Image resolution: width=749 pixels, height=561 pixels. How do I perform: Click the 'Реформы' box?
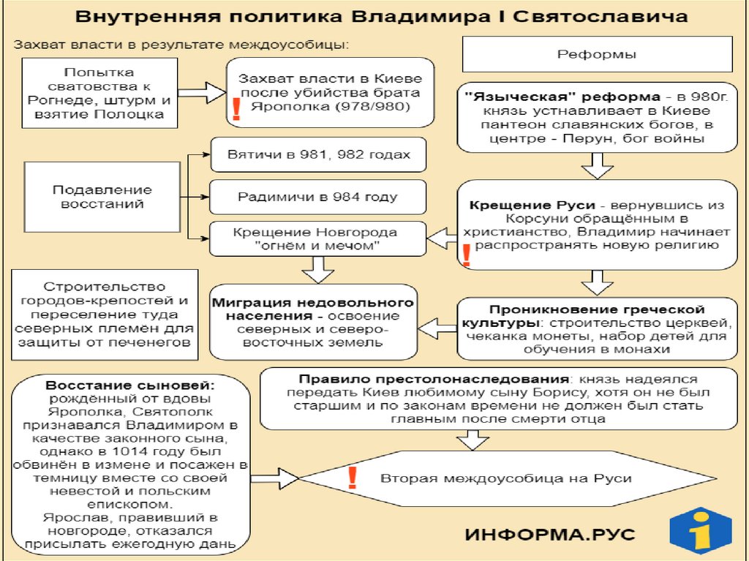[597, 55]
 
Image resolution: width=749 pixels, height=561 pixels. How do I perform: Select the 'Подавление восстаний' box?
[98, 197]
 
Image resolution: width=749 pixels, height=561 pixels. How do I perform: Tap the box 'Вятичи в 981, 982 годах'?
[317, 155]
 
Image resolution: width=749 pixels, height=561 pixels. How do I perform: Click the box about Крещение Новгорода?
[315, 239]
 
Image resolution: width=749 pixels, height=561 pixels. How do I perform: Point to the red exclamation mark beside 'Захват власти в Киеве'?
[236, 108]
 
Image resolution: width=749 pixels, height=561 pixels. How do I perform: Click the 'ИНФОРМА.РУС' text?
[550, 533]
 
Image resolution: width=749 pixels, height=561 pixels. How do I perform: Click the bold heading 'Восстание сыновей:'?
[131, 385]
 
